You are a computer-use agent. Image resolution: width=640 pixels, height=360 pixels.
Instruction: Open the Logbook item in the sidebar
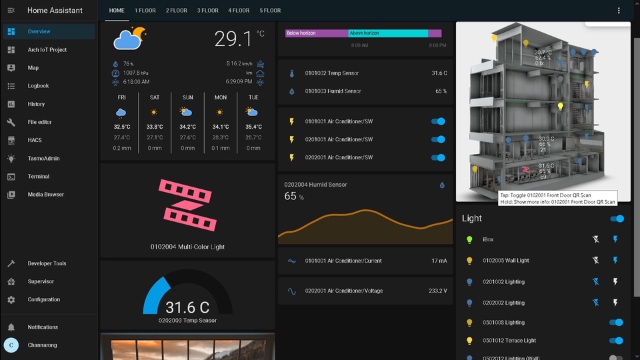pyautogui.click(x=38, y=86)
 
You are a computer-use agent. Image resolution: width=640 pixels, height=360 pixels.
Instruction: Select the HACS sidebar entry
pyautogui.click(x=34, y=140)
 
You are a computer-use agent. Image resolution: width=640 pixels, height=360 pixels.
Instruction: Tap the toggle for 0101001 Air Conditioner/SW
pyautogui.click(x=438, y=121)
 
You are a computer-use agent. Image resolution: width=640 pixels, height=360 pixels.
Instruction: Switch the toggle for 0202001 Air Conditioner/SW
pyautogui.click(x=438, y=157)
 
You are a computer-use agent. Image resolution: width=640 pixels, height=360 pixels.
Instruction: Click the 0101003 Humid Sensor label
pyautogui.click(x=333, y=91)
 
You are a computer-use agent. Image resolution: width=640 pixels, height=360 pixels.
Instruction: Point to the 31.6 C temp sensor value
pyautogui.click(x=439, y=73)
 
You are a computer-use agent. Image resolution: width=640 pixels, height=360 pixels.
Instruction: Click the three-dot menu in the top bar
pyautogui.click(x=619, y=11)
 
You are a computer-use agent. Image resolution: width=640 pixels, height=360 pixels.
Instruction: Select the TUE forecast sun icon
pyautogui.click(x=253, y=113)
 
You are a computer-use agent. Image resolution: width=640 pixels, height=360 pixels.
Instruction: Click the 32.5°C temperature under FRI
pyautogui.click(x=121, y=127)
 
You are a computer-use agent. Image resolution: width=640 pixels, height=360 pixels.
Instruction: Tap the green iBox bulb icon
pyautogui.click(x=469, y=239)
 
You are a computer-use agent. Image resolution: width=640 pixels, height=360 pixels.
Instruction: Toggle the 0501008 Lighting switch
pyautogui.click(x=616, y=323)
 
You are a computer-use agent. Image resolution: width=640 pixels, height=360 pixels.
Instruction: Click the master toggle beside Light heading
pyautogui.click(x=617, y=219)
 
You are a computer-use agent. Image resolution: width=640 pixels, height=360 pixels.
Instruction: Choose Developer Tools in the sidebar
pyautogui.click(x=47, y=263)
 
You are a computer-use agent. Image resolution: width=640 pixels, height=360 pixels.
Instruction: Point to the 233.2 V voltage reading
pyautogui.click(x=437, y=291)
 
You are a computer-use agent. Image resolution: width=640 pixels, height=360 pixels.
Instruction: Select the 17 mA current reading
pyautogui.click(x=439, y=261)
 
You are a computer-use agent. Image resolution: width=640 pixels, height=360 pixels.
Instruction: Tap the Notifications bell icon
pyautogui.click(x=11, y=327)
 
